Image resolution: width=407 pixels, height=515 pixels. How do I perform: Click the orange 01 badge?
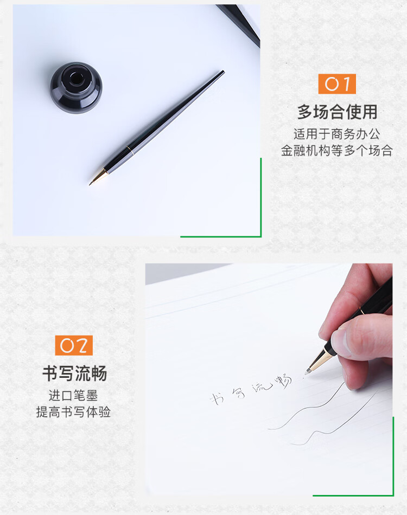(x=336, y=84)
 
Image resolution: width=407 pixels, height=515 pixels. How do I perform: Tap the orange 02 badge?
(x=74, y=345)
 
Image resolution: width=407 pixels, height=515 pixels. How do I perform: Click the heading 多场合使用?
(x=337, y=112)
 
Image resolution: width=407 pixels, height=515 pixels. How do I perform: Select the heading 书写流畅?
(x=74, y=374)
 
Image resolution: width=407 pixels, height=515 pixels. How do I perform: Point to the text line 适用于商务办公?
(x=337, y=133)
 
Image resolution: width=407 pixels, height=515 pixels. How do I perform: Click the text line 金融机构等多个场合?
(x=337, y=151)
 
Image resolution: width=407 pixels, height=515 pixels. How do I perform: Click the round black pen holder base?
(x=76, y=88)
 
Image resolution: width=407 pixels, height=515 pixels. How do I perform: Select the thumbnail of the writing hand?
(x=353, y=336)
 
